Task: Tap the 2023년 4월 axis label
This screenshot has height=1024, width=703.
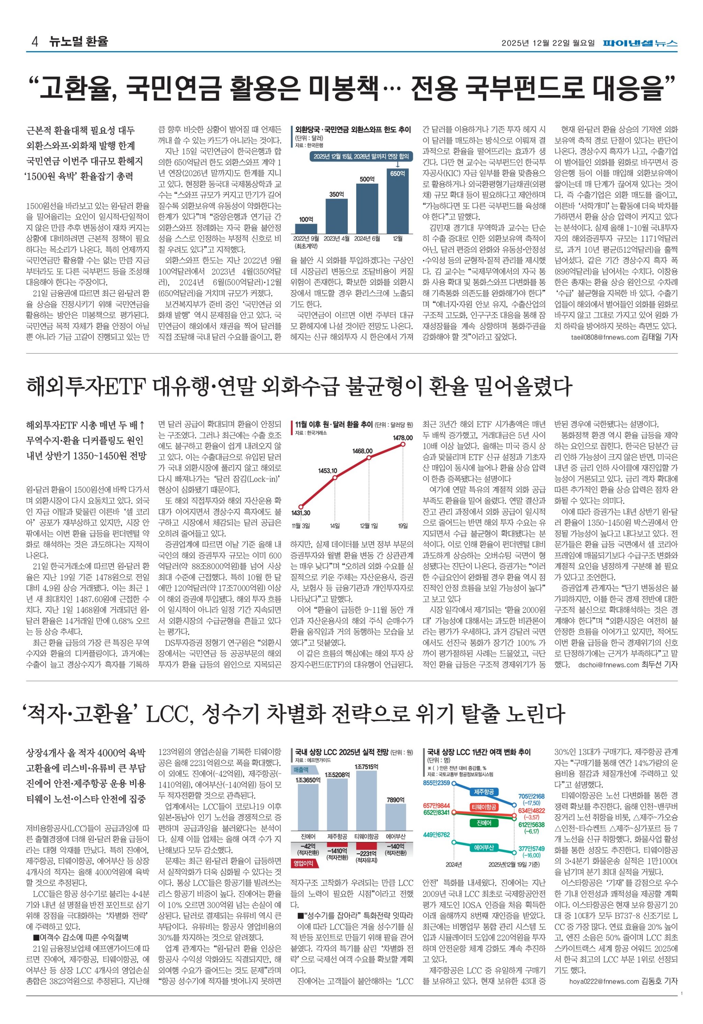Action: [337, 238]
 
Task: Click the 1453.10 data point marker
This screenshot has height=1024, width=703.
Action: [335, 478]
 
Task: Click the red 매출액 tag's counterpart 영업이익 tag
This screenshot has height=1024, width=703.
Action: [304, 863]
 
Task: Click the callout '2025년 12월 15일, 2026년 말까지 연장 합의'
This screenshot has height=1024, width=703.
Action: [361, 157]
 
